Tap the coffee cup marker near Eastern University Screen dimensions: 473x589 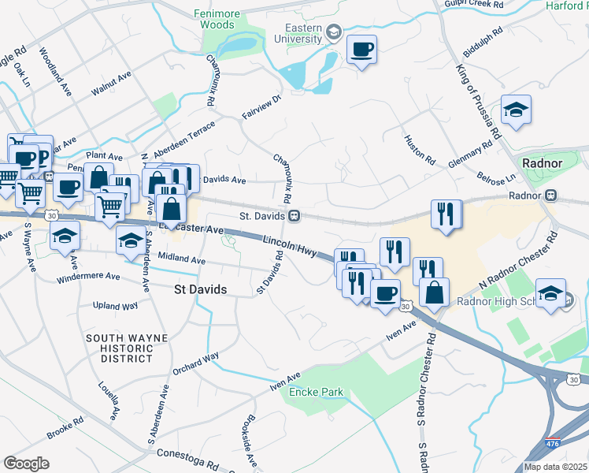tap(361, 50)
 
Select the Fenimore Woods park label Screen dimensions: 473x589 tap(214, 19)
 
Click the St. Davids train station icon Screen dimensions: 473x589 tap(293, 215)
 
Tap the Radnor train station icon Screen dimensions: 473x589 tap(551, 196)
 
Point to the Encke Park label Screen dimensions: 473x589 tap(316, 392)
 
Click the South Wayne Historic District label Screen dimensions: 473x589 tap(126, 348)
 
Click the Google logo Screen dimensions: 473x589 tap(26, 464)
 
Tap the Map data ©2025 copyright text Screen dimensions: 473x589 tap(555, 467)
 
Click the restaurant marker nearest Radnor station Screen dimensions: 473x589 tap(446, 214)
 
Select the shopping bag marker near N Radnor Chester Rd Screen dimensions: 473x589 tap(434, 292)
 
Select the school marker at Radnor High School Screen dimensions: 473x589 tap(551, 293)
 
